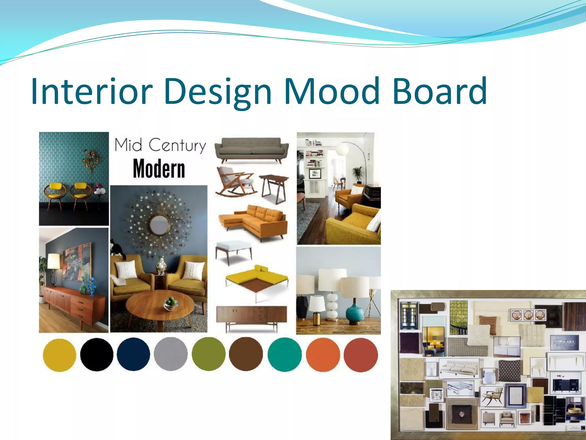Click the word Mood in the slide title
(x=332, y=91)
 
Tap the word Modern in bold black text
(x=159, y=169)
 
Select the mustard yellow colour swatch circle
(x=60, y=355)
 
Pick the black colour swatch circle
(x=97, y=355)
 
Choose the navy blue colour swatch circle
(x=133, y=355)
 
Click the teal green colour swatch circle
(x=284, y=355)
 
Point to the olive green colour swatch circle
(x=208, y=355)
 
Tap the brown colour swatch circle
(x=246, y=355)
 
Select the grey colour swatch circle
(x=171, y=355)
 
